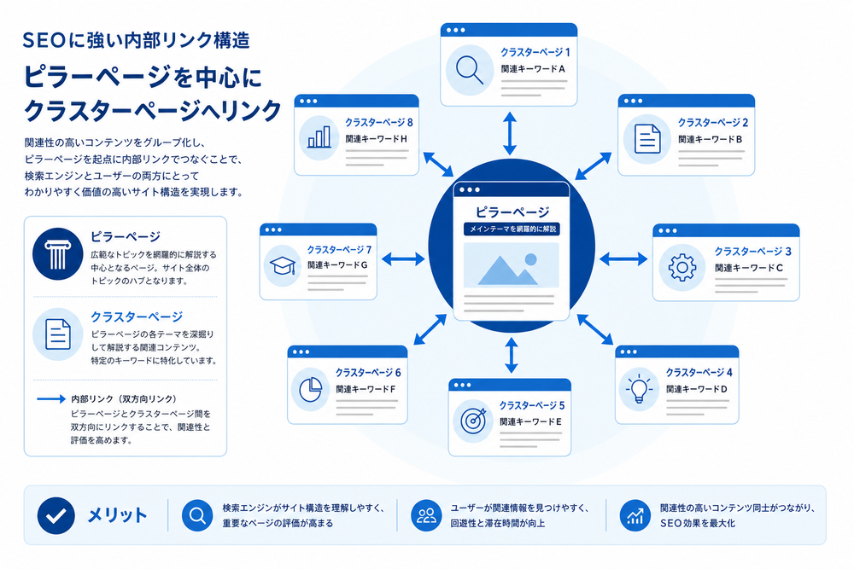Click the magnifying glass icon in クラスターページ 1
469,70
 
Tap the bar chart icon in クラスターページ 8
319,137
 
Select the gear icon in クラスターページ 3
681,268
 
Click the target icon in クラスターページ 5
473,421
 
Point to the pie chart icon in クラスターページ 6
311,390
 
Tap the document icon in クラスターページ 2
647,139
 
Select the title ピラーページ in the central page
512,212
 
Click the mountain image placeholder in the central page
511,265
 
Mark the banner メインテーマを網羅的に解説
512,229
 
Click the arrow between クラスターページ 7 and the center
403,259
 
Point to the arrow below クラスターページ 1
510,133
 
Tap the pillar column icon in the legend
58,254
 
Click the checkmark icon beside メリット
56,516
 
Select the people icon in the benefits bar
426,515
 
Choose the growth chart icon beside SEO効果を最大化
635,515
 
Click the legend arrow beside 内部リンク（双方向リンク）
51,398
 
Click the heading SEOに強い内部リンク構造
136,41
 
